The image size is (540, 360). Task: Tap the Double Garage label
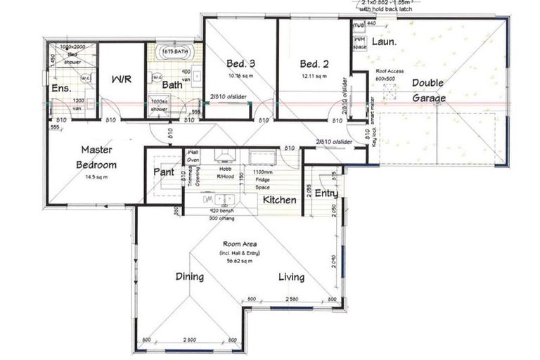428,91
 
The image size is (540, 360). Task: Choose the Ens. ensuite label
61,89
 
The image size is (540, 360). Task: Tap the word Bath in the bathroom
172,85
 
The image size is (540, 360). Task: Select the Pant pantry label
164,172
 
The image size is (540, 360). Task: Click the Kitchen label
280,200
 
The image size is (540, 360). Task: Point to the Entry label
326,193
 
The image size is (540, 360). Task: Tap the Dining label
189,276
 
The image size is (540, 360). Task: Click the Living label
290,276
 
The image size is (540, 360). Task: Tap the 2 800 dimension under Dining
188,340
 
